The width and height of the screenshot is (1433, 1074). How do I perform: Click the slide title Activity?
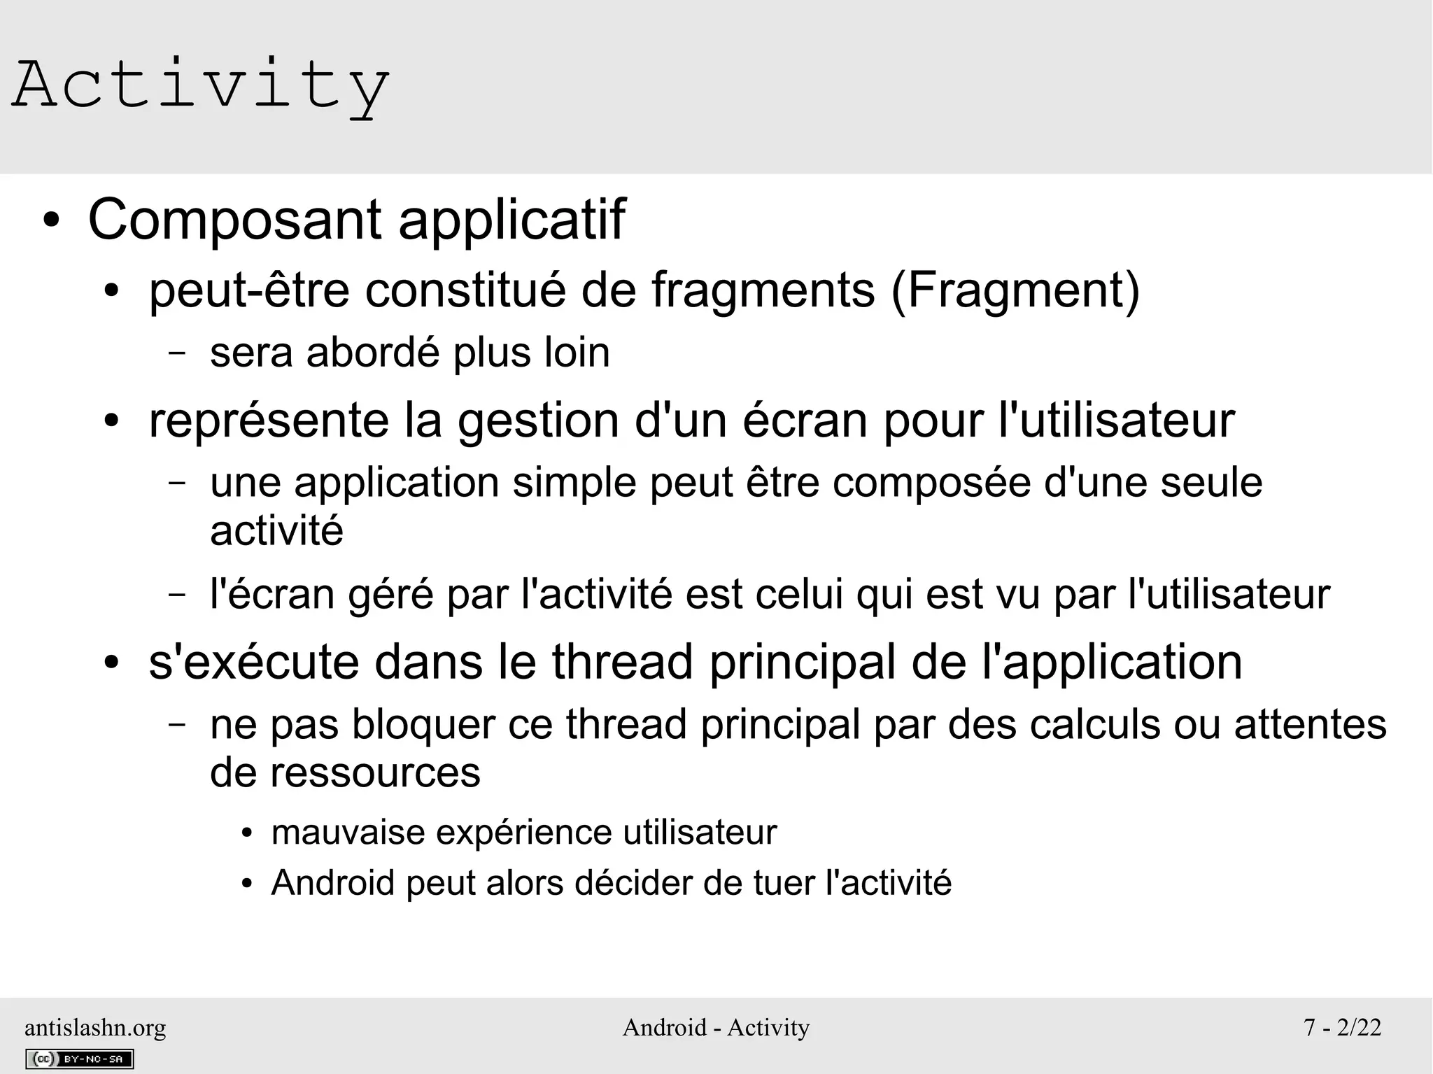tap(201, 85)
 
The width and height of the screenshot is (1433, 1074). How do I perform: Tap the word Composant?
tap(235, 220)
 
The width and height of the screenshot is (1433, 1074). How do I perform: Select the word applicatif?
tap(511, 220)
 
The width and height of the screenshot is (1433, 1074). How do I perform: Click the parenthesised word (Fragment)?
tap(1015, 290)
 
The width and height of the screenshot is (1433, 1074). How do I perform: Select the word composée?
tap(931, 483)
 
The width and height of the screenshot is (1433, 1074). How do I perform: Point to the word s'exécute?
tap(253, 662)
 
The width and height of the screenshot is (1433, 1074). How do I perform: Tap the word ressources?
tap(375, 773)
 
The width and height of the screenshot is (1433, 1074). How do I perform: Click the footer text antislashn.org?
tap(95, 1027)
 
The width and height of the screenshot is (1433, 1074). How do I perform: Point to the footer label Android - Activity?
tap(716, 1027)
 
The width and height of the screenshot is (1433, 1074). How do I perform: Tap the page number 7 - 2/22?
tap(1342, 1027)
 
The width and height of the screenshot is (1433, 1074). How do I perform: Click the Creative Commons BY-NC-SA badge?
tap(80, 1059)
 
